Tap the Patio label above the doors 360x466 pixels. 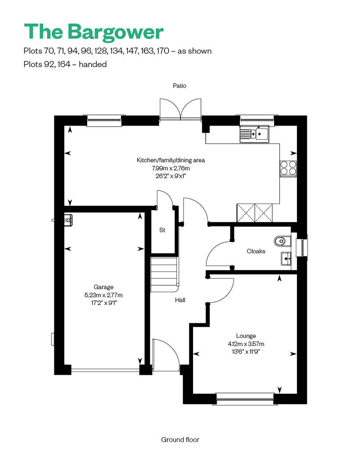pyautogui.click(x=180, y=85)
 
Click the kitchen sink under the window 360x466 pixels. pyautogui.click(x=254, y=134)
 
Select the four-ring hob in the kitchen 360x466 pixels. pyautogui.click(x=288, y=168)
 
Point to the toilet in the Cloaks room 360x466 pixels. pyautogui.click(x=281, y=241)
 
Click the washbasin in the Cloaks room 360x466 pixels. pyautogui.click(x=286, y=258)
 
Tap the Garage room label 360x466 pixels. pyautogui.click(x=103, y=287)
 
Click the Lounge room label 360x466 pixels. pyautogui.click(x=246, y=336)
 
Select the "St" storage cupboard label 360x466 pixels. pyautogui.click(x=162, y=230)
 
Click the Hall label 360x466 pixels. pyautogui.click(x=180, y=300)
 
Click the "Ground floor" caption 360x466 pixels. pyautogui.click(x=180, y=439)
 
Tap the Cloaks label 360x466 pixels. pyautogui.click(x=256, y=251)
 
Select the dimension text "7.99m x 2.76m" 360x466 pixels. pyautogui.click(x=171, y=168)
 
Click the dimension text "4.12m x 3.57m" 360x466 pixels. pyautogui.click(x=246, y=344)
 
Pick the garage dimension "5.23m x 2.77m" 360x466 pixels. pyautogui.click(x=103, y=295)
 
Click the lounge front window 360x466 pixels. pyautogui.click(x=245, y=396)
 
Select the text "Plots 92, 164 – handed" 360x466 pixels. pyautogui.click(x=65, y=64)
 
